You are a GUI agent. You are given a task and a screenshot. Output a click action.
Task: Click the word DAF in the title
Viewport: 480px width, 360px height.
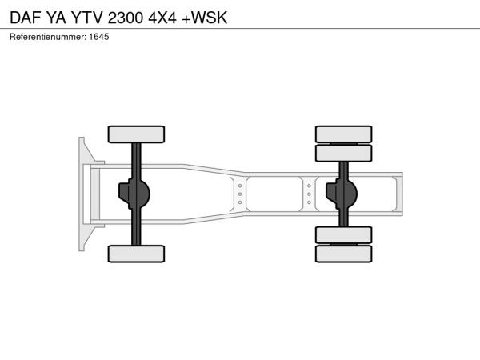(x=26, y=18)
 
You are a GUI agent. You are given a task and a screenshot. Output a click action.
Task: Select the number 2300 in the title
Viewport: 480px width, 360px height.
(x=126, y=18)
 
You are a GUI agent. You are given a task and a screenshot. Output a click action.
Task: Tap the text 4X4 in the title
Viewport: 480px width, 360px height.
(x=162, y=18)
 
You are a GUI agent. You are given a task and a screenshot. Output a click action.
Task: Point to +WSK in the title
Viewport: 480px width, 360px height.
(x=205, y=18)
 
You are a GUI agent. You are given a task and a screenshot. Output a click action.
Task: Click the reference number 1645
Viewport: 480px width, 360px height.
(x=99, y=37)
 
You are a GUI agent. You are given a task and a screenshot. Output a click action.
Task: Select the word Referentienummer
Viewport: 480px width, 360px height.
(x=47, y=37)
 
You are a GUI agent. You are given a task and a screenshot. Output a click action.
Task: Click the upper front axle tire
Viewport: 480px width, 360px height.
(x=136, y=134)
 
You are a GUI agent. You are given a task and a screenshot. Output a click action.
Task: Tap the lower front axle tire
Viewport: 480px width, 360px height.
(x=136, y=254)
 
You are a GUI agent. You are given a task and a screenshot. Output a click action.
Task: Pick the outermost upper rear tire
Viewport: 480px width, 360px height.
(x=343, y=134)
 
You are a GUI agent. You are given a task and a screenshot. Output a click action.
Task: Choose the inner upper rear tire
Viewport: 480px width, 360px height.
(x=343, y=153)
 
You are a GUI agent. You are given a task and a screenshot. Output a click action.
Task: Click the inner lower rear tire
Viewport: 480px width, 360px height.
(x=343, y=235)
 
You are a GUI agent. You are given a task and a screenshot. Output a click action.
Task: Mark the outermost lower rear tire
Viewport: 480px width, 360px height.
(x=343, y=254)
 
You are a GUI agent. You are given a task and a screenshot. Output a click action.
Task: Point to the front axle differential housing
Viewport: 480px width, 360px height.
(x=134, y=194)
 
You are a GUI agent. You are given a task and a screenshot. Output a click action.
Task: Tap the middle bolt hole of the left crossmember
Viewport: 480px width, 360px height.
(x=240, y=194)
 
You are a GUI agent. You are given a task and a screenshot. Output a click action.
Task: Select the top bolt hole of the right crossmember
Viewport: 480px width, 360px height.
(x=309, y=186)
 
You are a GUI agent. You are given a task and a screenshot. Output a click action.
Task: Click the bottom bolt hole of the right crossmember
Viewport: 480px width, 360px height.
(x=309, y=202)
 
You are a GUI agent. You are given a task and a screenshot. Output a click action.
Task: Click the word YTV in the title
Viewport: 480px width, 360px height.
(x=87, y=18)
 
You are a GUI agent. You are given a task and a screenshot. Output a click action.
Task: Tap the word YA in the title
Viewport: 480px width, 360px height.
(x=56, y=18)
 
